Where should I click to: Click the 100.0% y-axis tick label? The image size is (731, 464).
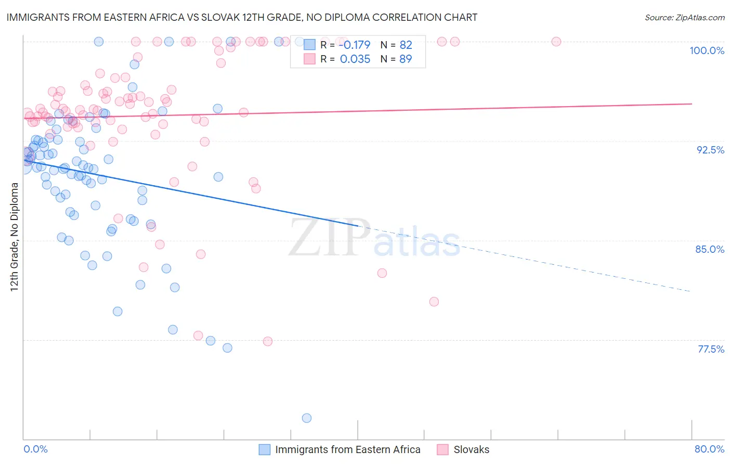click(707, 50)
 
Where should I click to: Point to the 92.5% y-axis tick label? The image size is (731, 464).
click(710, 150)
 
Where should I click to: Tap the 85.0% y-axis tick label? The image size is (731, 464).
click(710, 249)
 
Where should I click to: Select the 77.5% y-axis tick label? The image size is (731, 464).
click(711, 349)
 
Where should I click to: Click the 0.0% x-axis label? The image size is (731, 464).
click(35, 449)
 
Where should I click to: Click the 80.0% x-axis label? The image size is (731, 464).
click(709, 449)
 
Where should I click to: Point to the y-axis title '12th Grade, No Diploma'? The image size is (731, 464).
click(15, 237)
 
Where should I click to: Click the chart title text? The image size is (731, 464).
click(242, 17)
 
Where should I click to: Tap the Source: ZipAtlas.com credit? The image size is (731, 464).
click(684, 17)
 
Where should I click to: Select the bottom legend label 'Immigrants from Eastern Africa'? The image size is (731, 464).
click(347, 449)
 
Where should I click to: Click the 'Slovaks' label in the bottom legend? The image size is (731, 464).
click(471, 449)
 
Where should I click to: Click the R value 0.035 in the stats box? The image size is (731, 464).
click(355, 59)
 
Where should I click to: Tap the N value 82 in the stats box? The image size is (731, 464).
click(406, 45)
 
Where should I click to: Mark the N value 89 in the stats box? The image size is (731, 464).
click(406, 59)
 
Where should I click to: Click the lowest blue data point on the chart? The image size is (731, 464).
click(307, 418)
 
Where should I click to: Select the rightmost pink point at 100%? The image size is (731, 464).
click(556, 42)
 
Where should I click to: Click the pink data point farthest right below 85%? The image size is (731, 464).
click(434, 302)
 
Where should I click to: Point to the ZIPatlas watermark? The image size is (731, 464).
click(374, 238)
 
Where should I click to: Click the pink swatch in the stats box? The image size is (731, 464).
click(310, 59)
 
